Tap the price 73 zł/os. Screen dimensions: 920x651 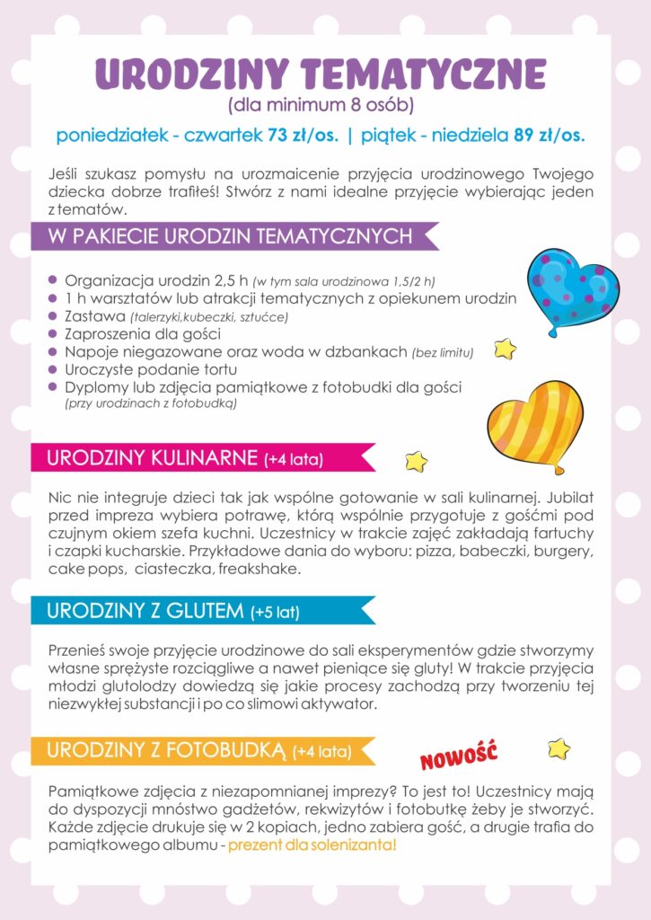point(303,137)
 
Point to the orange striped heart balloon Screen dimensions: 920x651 point(535,423)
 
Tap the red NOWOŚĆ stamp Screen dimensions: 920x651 point(459,756)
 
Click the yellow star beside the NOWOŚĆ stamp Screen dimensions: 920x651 point(559,748)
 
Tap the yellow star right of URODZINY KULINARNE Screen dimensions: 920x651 point(416,461)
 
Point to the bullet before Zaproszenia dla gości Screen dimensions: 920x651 point(53,333)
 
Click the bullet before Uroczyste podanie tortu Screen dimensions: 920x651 point(53,369)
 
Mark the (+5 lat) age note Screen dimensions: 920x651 point(276,614)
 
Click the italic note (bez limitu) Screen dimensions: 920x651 point(443,352)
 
